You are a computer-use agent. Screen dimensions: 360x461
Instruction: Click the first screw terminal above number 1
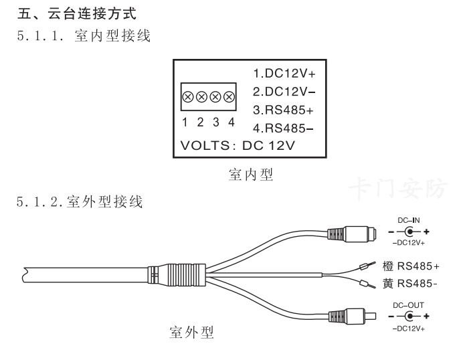coord(188,97)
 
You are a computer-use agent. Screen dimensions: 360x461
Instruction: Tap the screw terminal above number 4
coord(229,97)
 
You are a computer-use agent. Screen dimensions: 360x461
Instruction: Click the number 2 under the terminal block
coord(201,122)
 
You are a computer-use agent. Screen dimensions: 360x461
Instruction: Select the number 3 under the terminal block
coord(215,122)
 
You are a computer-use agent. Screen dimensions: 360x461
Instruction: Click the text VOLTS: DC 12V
coord(239,145)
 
